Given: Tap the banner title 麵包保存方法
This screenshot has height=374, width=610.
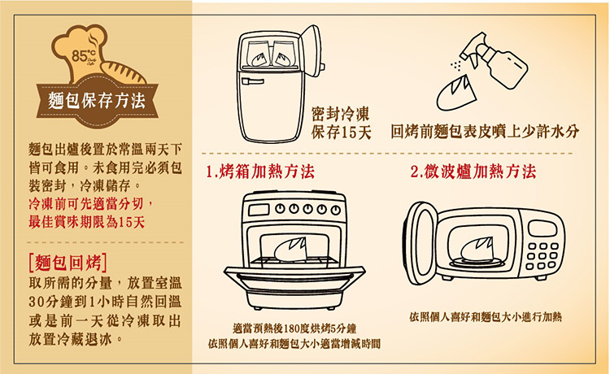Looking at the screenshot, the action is [97, 101].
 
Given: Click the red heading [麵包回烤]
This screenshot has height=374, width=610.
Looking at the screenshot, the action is [68, 263].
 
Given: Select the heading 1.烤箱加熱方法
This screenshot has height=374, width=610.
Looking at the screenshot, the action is [260, 172].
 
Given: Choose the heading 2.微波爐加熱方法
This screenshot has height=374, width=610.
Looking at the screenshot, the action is [473, 172].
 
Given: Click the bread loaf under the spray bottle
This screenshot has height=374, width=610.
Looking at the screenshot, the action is [457, 93].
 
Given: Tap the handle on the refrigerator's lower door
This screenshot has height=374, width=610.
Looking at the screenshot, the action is [252, 81].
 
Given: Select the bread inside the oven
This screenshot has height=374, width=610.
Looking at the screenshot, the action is [290, 250].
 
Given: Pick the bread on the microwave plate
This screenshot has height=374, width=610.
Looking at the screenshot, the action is [477, 250].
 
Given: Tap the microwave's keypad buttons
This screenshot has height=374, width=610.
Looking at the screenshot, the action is [542, 256].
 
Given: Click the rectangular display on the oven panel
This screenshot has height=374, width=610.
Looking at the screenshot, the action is [259, 211].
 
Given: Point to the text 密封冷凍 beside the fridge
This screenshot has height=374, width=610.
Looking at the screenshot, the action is [341, 114].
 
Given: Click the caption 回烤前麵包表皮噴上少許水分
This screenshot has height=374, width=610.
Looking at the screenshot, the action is [485, 132].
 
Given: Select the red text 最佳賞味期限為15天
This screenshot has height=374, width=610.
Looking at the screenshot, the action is [87, 222].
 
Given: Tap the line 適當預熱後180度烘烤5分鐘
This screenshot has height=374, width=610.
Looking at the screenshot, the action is [294, 328].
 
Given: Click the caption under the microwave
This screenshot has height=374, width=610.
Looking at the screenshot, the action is [486, 317].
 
